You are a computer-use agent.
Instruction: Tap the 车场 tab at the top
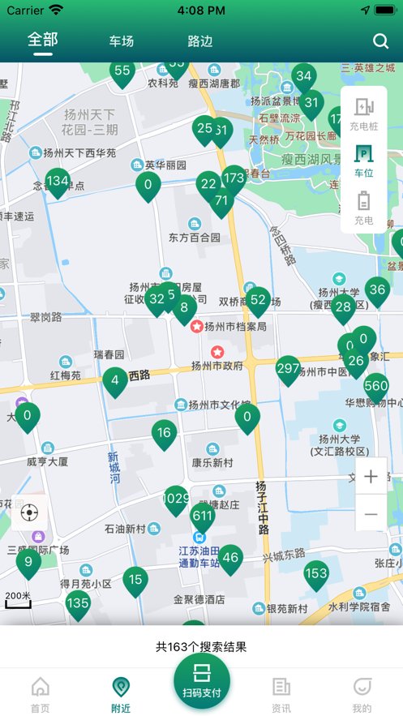click(x=121, y=41)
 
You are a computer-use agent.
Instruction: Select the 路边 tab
click(x=199, y=41)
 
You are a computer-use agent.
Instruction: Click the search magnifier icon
click(x=380, y=41)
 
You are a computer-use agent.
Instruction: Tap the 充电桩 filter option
click(x=364, y=114)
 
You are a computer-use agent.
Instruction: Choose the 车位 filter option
click(x=364, y=161)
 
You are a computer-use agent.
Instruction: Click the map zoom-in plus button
click(x=371, y=477)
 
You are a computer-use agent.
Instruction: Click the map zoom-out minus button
click(x=371, y=514)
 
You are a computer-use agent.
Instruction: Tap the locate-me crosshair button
click(x=30, y=512)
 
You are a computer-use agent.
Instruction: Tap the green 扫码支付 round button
click(x=201, y=680)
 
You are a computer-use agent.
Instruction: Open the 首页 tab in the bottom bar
click(x=40, y=694)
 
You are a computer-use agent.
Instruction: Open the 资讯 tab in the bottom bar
click(x=281, y=694)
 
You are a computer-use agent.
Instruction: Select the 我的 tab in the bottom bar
click(x=362, y=694)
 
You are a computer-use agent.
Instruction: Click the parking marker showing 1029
click(x=176, y=499)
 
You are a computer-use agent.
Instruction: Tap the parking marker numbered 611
click(x=203, y=516)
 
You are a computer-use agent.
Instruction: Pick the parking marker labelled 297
click(x=288, y=369)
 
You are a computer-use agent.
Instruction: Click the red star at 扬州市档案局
click(x=196, y=327)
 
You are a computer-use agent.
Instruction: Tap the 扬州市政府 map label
click(x=217, y=365)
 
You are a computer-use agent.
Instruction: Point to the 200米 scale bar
click(x=18, y=598)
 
